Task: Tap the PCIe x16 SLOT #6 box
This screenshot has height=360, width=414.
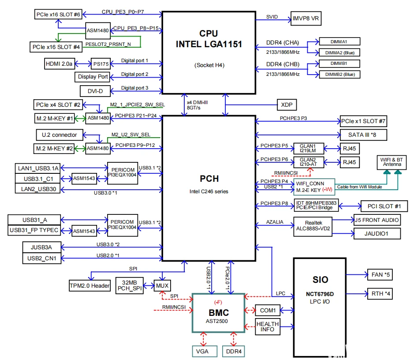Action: pyautogui.click(x=58, y=15)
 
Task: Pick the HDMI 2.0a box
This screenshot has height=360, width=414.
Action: pyautogui.click(x=59, y=64)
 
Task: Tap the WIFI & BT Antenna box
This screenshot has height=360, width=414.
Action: pyautogui.click(x=392, y=161)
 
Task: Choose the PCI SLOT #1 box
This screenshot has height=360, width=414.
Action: pyautogui.click(x=381, y=206)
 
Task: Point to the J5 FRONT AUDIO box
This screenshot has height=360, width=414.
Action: pyautogui.click(x=377, y=220)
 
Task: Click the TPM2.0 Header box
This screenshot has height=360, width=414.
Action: pyautogui.click(x=90, y=285)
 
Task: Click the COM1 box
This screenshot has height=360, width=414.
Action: pyautogui.click(x=267, y=311)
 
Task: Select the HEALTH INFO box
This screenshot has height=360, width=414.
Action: pyautogui.click(x=267, y=326)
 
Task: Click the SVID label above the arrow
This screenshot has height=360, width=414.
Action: pyautogui.click(x=272, y=17)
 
